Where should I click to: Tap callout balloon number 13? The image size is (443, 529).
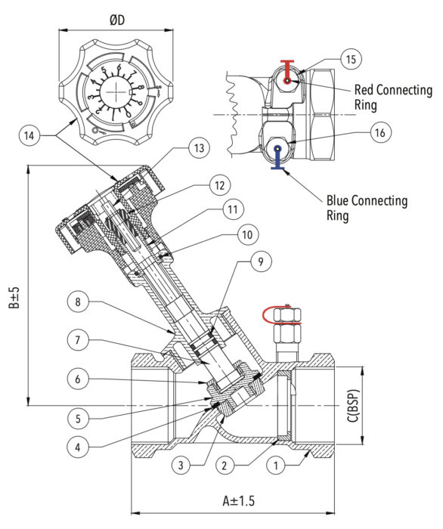point(199,149)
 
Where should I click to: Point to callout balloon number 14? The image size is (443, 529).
point(29,136)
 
